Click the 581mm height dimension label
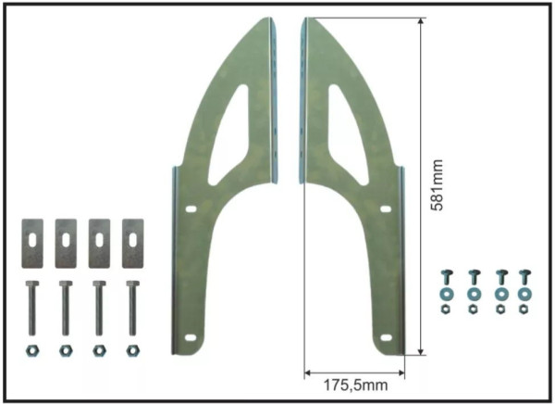coord(437,185)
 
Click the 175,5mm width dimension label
coord(355,385)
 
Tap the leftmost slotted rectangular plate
coord(32,244)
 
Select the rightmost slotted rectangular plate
coord(132,244)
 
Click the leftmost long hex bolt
coord(31,309)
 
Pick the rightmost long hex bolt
coord(132,309)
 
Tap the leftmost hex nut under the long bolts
coord(32,351)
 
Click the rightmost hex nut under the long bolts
coord(132,351)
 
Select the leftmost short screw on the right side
coord(445,277)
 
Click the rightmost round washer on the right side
coord(524,294)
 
